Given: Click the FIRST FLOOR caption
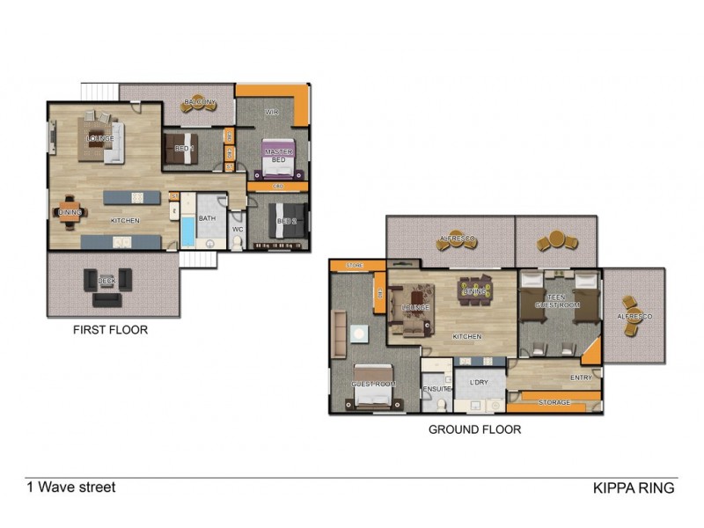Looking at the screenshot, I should (110, 331).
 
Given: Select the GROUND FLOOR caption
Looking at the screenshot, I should (474, 430).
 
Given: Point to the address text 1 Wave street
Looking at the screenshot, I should (70, 487).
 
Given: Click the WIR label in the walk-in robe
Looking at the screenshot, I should (272, 113).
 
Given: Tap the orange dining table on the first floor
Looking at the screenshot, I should (70, 212).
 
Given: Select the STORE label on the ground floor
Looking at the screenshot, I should (355, 264).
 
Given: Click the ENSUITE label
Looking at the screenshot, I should (436, 388).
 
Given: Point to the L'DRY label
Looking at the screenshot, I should (479, 383).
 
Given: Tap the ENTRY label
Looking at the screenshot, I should (582, 378).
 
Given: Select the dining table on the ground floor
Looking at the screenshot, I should (474, 290).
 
